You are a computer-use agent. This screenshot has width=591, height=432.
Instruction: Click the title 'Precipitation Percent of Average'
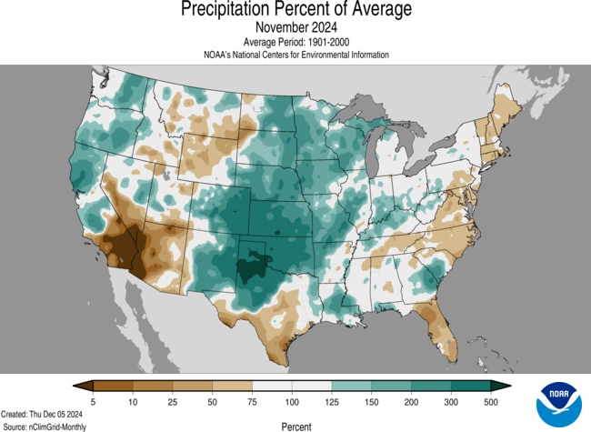click(x=295, y=10)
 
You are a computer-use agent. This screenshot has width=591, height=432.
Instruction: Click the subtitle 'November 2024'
click(x=295, y=27)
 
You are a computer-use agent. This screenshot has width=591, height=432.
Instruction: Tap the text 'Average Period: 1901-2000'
click(x=295, y=42)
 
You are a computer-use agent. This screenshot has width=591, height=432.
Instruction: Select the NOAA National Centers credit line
click(x=295, y=55)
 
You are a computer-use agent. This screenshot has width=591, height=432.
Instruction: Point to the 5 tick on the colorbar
click(x=93, y=401)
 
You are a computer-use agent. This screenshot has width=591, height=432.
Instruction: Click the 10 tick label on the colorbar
click(x=133, y=401)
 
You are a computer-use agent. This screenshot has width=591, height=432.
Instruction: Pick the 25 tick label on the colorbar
click(x=172, y=401)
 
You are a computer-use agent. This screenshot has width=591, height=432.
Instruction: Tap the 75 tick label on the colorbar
click(x=252, y=401)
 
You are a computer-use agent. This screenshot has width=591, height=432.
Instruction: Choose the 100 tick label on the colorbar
click(x=292, y=401)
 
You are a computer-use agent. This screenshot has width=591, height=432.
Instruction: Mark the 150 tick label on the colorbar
click(x=371, y=401)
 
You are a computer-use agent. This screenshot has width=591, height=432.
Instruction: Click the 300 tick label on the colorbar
click(x=451, y=401)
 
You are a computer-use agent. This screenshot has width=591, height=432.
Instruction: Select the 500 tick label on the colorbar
click(x=491, y=401)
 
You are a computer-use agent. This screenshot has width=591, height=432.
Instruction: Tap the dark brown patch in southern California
click(x=118, y=246)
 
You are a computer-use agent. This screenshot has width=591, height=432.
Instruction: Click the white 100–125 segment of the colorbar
click(x=312, y=386)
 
